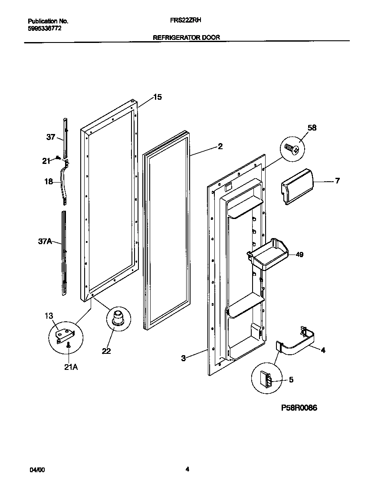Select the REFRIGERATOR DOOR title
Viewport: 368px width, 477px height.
187,38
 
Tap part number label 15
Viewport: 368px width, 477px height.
158,97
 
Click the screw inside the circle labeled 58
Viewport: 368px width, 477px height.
291,150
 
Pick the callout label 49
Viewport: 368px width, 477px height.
299,255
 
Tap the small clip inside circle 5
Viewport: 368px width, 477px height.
266,380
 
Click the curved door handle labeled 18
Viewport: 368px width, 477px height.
64,182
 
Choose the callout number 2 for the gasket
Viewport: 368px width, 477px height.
220,147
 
